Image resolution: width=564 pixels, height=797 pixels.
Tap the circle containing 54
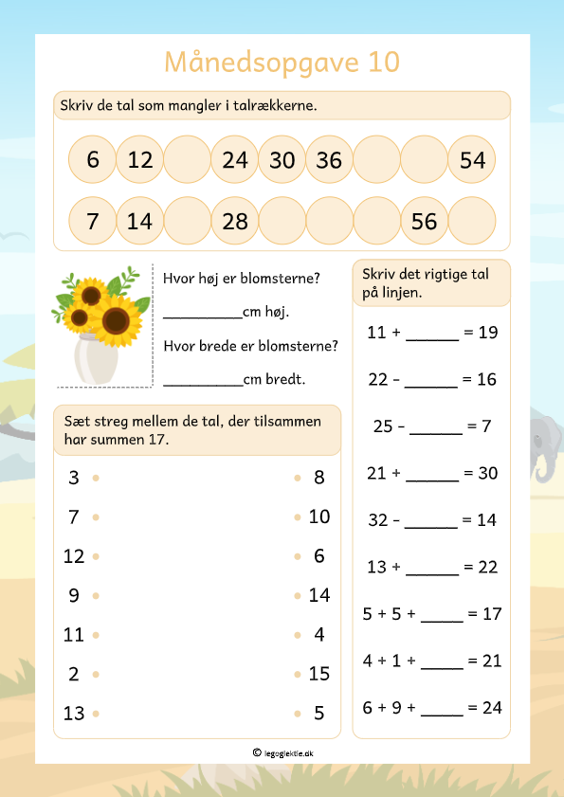click(x=472, y=160)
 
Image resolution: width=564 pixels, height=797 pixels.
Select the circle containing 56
click(x=425, y=221)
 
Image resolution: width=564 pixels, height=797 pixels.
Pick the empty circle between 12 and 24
click(x=187, y=160)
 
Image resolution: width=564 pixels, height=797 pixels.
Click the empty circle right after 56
click(x=472, y=221)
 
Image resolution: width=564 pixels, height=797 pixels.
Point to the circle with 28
click(x=234, y=221)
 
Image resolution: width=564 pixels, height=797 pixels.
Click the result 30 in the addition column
click(x=488, y=473)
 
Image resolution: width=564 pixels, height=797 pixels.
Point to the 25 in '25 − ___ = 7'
click(x=383, y=426)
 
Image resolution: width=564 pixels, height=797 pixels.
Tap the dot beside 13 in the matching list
click(x=96, y=714)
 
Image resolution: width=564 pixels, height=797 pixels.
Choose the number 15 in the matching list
click(x=319, y=674)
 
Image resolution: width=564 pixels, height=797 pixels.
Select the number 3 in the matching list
click(x=74, y=478)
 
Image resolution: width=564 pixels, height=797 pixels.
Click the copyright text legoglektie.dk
click(x=288, y=752)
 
